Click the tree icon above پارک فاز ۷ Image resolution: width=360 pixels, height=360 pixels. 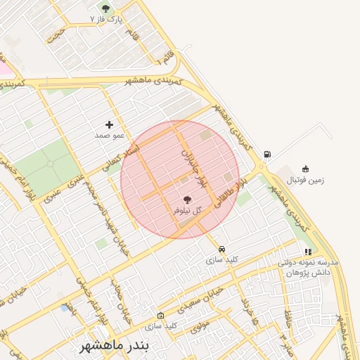[x=105, y=8]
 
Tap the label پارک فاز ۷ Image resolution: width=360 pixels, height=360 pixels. [x=107, y=20]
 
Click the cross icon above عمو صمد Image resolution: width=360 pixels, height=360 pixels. [x=109, y=124]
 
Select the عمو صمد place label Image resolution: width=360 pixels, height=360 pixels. [x=110, y=134]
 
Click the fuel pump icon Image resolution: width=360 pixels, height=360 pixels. [x=267, y=155]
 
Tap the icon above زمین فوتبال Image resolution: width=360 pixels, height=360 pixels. [x=305, y=169]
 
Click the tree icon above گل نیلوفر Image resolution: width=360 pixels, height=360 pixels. [x=186, y=200]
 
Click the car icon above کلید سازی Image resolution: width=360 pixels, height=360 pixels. [x=221, y=249]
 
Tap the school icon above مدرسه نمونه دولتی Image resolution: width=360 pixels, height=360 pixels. [x=308, y=252]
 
